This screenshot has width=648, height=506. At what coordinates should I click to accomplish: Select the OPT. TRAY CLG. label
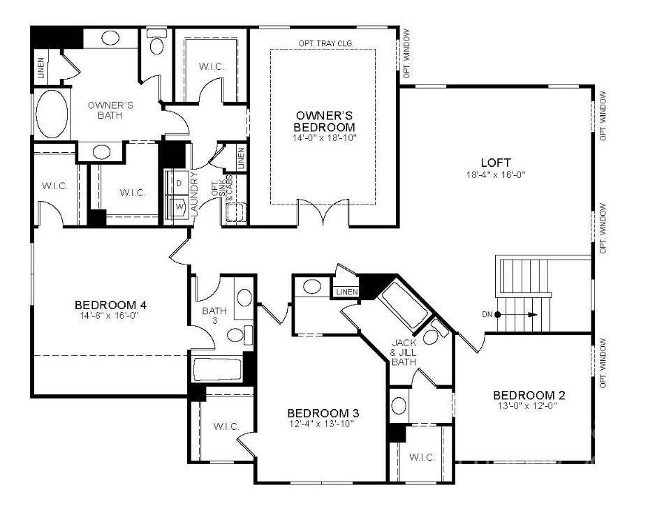326,43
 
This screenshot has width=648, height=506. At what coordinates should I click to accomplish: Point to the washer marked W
179,207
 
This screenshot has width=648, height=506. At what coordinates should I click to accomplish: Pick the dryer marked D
178,183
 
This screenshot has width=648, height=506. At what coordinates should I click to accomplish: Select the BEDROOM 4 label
110,304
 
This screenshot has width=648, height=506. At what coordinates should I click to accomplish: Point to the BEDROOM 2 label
529,395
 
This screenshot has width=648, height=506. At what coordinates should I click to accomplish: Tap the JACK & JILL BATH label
404,352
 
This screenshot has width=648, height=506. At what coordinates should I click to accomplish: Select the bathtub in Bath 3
217,369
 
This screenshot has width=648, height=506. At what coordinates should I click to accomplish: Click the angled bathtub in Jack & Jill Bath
404,304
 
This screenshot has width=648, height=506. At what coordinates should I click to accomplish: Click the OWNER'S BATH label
110,110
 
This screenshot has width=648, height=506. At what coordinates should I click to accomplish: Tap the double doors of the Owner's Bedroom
323,211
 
